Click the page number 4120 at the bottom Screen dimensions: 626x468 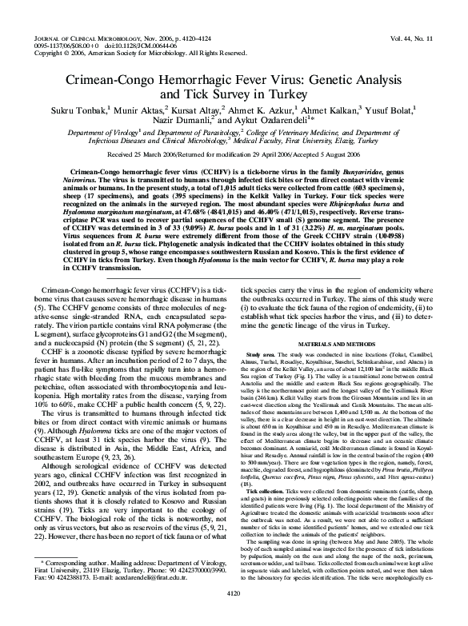tap(234, 616)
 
